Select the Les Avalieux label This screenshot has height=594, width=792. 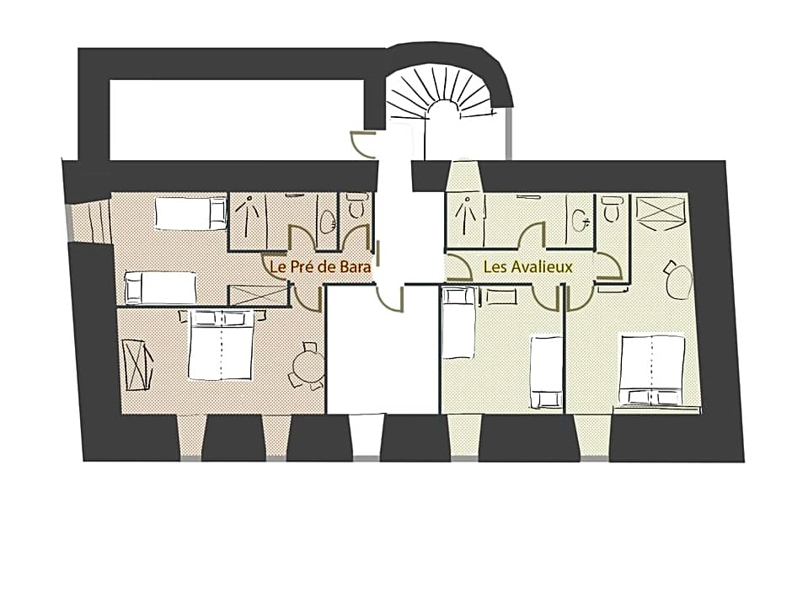[528, 267]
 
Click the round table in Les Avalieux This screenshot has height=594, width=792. [679, 281]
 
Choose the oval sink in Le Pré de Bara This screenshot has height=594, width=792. [327, 222]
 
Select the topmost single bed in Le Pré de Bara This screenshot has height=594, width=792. [191, 213]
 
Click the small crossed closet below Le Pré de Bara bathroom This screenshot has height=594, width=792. [258, 295]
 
